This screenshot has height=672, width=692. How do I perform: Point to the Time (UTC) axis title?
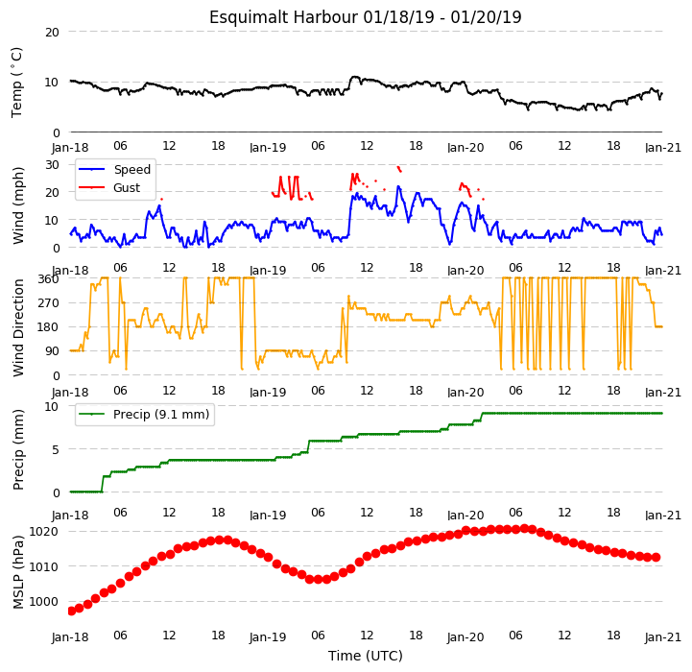coord(366,656)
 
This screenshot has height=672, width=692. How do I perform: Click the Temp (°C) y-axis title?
coord(16,83)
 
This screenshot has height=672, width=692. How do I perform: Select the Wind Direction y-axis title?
coord(18,327)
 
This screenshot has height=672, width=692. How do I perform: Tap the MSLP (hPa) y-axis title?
coord(18,573)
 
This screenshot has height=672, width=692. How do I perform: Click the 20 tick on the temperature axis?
coord(52,33)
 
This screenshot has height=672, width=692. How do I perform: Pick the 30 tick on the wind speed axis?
coord(52,165)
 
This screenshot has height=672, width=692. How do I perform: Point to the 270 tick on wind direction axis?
coord(50,303)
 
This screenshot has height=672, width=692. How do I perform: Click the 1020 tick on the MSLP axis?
coord(43,531)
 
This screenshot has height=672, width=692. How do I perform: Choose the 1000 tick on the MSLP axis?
coord(43,601)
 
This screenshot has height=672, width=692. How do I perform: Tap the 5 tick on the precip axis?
coord(55,449)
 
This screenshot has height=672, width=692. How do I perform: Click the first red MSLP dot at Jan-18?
coord(71,612)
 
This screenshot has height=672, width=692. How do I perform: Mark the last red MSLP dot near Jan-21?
coord(656,558)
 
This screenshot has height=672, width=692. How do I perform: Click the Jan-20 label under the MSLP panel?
coord(465,637)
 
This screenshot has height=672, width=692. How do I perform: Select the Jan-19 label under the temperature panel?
coord(268,148)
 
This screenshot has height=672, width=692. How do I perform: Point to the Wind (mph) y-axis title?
coord(18,205)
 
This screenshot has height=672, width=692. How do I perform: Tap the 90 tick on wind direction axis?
coord(53,351)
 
